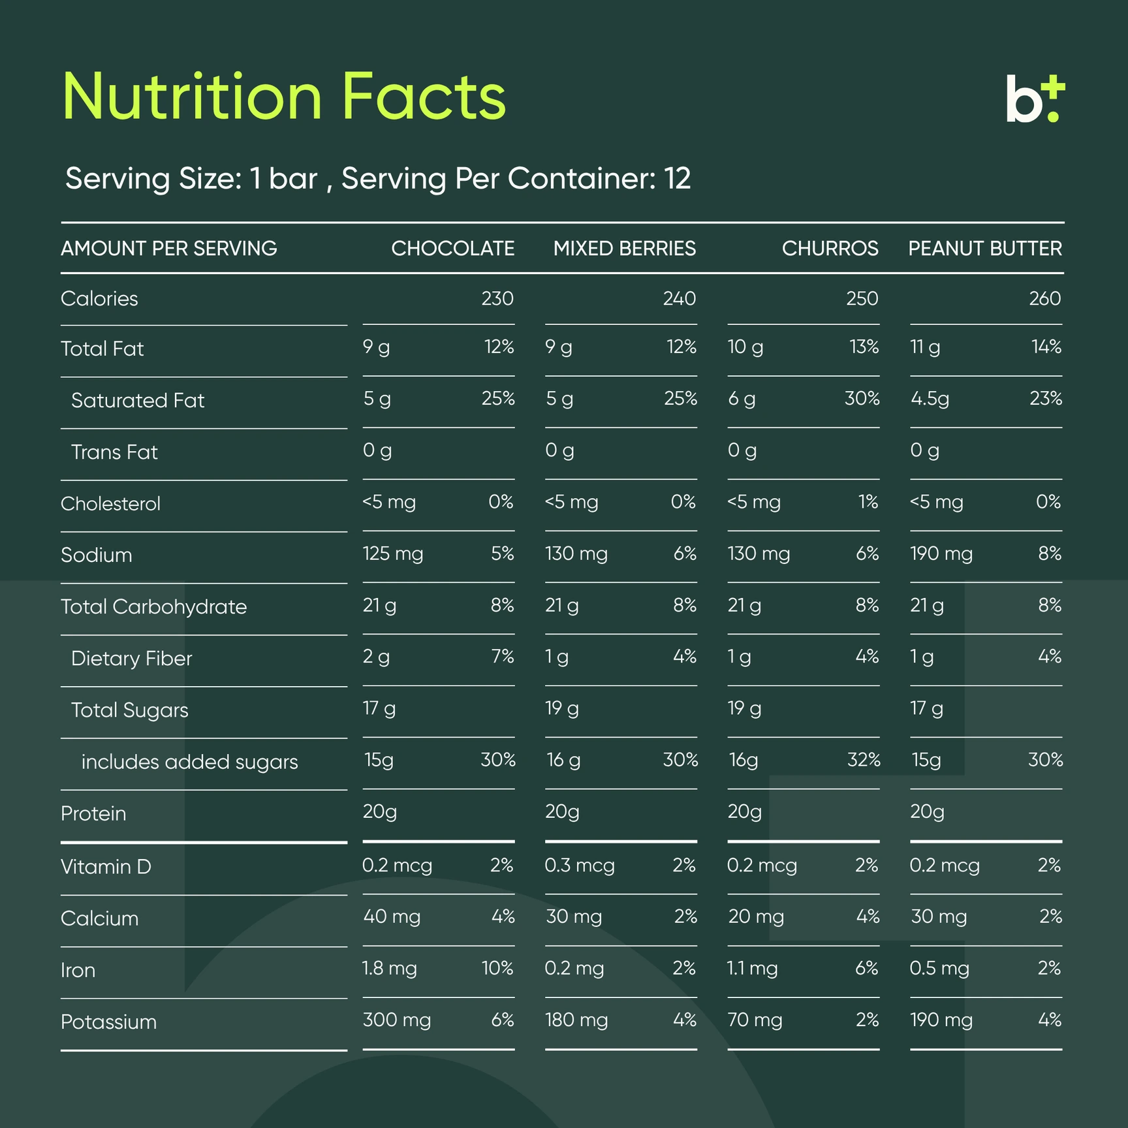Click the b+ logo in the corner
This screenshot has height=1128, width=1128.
tap(1035, 99)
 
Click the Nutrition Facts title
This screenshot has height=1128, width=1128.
tap(284, 97)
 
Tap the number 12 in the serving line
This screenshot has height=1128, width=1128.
tap(678, 178)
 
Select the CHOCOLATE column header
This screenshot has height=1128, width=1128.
tap(452, 248)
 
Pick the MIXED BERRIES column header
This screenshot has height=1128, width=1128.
tap(625, 248)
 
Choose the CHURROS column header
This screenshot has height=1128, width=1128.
tap(830, 248)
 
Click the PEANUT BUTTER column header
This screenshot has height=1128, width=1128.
tap(985, 248)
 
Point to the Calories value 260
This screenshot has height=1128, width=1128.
tap(1045, 298)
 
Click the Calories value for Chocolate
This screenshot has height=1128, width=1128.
tap(497, 298)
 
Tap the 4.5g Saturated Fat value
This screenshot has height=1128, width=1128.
tap(930, 399)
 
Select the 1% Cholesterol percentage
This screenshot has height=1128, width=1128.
tap(868, 501)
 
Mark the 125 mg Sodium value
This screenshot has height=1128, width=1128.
tap(393, 554)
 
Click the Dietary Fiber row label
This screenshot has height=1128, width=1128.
tap(131, 658)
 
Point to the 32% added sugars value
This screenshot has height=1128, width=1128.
tap(863, 759)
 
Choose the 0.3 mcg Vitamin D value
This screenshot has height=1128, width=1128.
tap(580, 866)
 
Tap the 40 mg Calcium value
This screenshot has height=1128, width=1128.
tap(392, 916)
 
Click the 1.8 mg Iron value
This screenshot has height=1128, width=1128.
tap(390, 968)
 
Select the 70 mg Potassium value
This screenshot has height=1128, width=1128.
tap(755, 1020)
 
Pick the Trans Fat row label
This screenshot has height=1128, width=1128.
tap(114, 452)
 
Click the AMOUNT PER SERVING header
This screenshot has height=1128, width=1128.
tap(169, 248)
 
